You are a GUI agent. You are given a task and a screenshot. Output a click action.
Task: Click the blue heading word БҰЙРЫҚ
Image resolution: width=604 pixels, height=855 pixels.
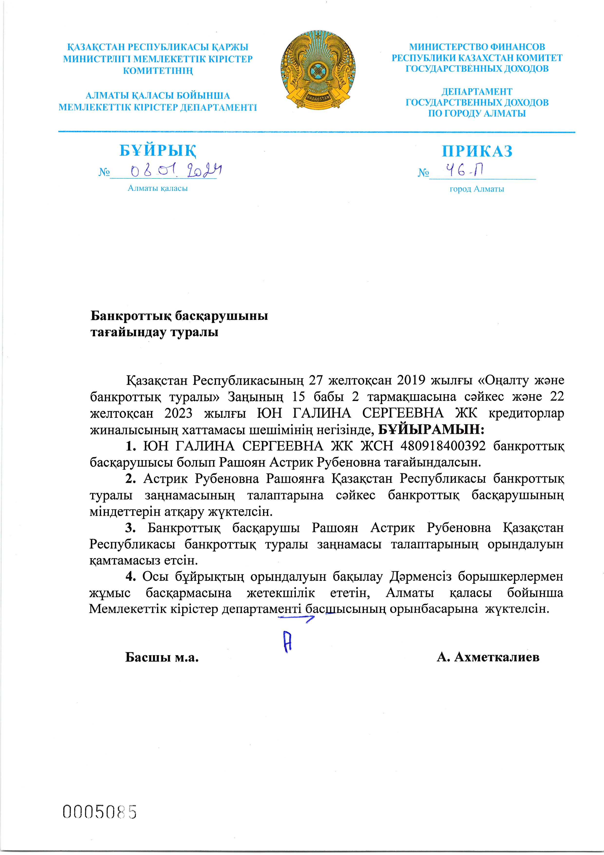pos(158,151)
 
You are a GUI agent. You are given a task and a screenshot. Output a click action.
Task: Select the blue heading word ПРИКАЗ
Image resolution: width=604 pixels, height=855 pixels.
pos(477,151)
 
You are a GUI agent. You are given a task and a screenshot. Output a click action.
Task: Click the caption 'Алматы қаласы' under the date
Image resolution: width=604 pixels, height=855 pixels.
pos(157,188)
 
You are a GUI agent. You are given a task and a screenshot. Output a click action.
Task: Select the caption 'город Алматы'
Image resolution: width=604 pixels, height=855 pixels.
pos(477,189)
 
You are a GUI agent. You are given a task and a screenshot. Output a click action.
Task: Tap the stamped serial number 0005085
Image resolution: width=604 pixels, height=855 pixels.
pos(100,812)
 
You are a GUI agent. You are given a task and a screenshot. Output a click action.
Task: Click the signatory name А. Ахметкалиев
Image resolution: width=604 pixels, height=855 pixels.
pos(488,657)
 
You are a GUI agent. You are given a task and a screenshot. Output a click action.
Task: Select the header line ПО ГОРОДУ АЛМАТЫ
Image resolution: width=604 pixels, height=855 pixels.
pos(477,114)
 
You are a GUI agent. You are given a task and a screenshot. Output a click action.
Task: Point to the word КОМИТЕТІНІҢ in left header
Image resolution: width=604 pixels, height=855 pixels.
pos(158,71)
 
